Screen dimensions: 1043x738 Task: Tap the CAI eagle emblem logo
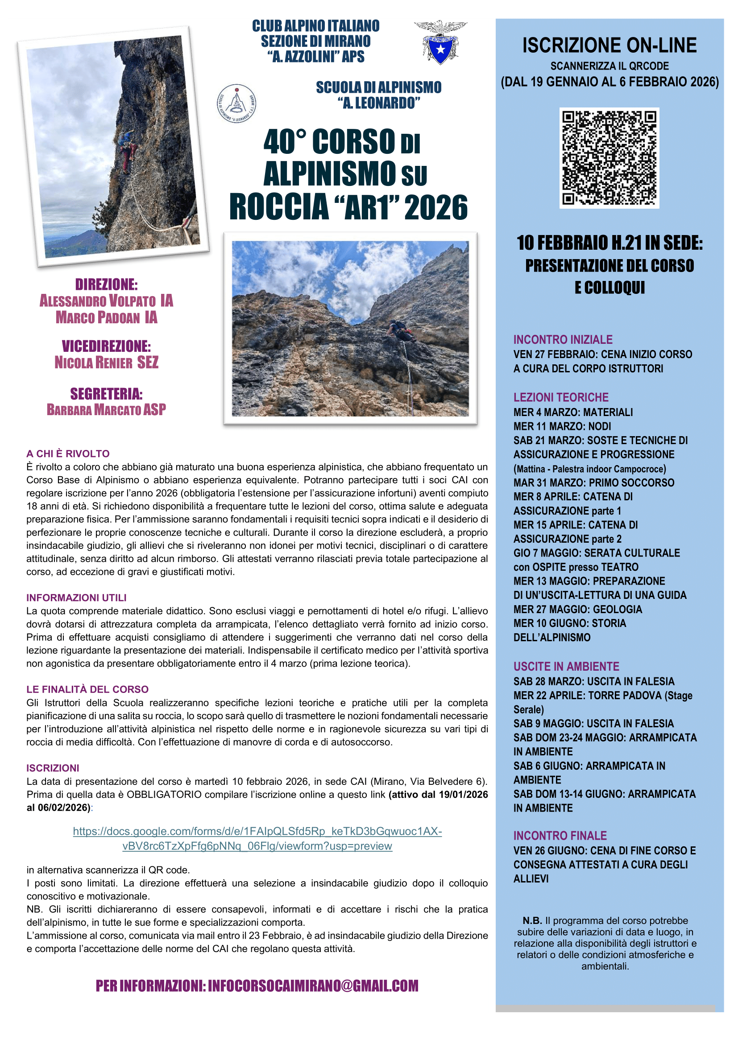pyautogui.click(x=440, y=42)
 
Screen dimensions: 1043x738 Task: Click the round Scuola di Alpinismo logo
pyautogui.click(x=236, y=103)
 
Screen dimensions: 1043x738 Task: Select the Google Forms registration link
pyautogui.click(x=257, y=839)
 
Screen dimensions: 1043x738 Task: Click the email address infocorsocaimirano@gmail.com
pyautogui.click(x=313, y=985)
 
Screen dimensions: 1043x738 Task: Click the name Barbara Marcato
pyautogui.click(x=94, y=410)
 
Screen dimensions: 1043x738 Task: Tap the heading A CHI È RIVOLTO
pyautogui.click(x=68, y=453)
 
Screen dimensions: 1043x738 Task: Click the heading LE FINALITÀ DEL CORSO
pyautogui.click(x=88, y=689)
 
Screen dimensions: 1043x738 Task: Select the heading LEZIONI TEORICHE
pyautogui.click(x=561, y=397)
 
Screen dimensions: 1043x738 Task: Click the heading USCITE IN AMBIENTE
pyautogui.click(x=566, y=666)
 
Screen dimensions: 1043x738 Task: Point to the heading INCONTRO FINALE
pyautogui.click(x=560, y=835)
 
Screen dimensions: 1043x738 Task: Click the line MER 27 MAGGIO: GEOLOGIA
pyautogui.click(x=577, y=609)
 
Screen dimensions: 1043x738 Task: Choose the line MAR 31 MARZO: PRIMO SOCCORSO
pyautogui.click(x=593, y=482)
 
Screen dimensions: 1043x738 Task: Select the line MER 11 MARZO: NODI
pyautogui.click(x=562, y=426)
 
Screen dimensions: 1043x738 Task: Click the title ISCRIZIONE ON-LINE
pyautogui.click(x=609, y=45)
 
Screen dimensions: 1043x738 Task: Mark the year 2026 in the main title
pyautogui.click(x=436, y=208)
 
